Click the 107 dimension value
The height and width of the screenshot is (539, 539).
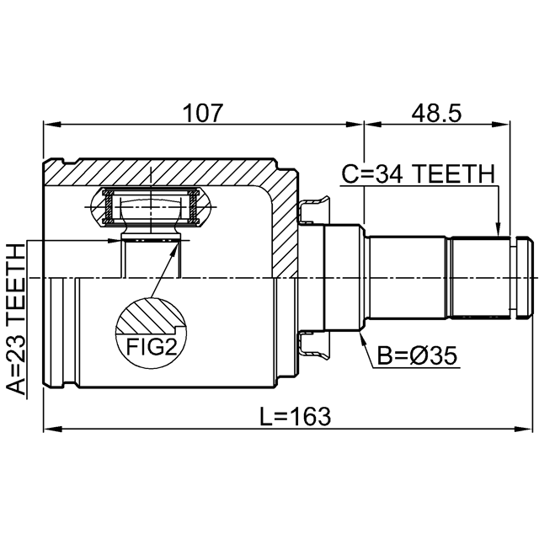[x=203, y=113]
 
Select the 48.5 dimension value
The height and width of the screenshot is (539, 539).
[x=436, y=113]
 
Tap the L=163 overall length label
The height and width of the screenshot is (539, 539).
[x=295, y=416]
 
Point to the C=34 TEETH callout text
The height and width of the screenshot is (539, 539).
[x=419, y=173]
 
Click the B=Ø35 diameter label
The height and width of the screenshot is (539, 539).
[x=417, y=355]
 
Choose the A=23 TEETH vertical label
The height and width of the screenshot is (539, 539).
[x=16, y=319]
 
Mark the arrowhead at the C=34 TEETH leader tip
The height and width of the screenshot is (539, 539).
[x=497, y=231]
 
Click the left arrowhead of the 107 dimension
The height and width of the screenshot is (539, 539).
[x=51, y=125]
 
